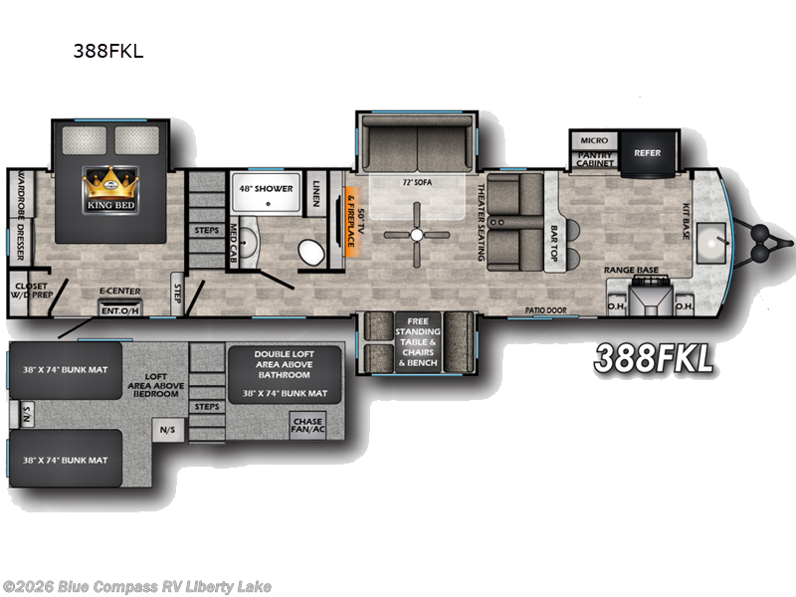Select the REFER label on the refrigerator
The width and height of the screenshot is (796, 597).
click(x=647, y=153)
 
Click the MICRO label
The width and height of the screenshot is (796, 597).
click(x=594, y=140)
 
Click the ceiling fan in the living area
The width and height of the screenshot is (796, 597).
click(x=417, y=234)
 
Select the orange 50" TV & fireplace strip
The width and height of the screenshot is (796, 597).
click(x=350, y=225)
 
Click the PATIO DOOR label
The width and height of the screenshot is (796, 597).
click(x=545, y=310)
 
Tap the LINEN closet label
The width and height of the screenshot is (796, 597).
click(x=314, y=188)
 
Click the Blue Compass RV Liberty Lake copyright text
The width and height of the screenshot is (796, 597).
click(x=136, y=586)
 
